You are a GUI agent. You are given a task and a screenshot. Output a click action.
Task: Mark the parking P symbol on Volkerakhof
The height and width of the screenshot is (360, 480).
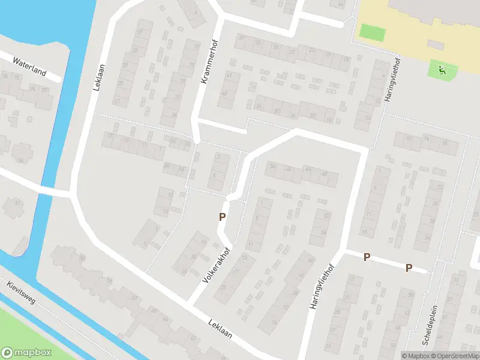click(x=222, y=217)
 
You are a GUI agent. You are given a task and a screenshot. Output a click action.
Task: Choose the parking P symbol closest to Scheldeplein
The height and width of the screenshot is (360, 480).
click(x=409, y=268)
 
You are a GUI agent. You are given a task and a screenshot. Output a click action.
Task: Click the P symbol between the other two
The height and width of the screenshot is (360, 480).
click(x=367, y=257)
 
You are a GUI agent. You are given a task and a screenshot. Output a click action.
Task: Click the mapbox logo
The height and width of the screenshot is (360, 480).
click(x=26, y=353)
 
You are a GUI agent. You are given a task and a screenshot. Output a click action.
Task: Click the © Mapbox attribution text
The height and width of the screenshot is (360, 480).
click(x=415, y=355)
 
